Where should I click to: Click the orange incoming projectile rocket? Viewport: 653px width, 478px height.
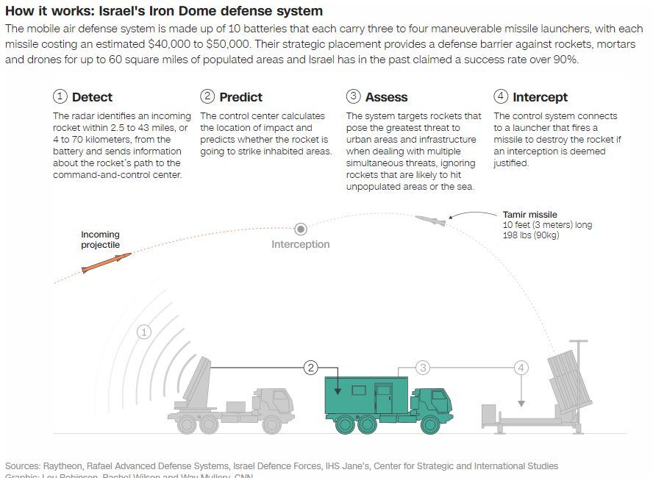click(x=107, y=263)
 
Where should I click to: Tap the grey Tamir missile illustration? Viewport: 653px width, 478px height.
click(x=430, y=219)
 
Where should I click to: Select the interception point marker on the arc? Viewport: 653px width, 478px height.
click(x=301, y=229)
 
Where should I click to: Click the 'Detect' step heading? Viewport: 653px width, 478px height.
click(x=92, y=97)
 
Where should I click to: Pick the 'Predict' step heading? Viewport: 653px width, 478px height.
click(x=240, y=97)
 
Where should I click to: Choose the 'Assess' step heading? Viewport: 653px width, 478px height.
click(x=386, y=97)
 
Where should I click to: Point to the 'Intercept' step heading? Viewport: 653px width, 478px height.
click(x=540, y=97)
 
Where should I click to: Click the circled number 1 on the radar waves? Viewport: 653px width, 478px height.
click(x=144, y=332)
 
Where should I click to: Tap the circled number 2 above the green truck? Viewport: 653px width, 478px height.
click(x=311, y=367)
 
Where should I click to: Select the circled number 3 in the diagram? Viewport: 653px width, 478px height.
click(x=423, y=367)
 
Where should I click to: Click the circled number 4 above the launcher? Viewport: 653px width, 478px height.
click(x=521, y=367)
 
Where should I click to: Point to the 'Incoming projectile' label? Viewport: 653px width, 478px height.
click(x=100, y=240)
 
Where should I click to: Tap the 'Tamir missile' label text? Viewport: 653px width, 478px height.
click(x=529, y=215)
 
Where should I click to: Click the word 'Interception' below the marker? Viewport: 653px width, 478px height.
click(x=300, y=244)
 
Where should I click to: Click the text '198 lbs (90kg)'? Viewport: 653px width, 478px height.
click(x=530, y=235)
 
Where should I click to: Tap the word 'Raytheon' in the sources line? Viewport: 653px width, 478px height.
click(x=63, y=465)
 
